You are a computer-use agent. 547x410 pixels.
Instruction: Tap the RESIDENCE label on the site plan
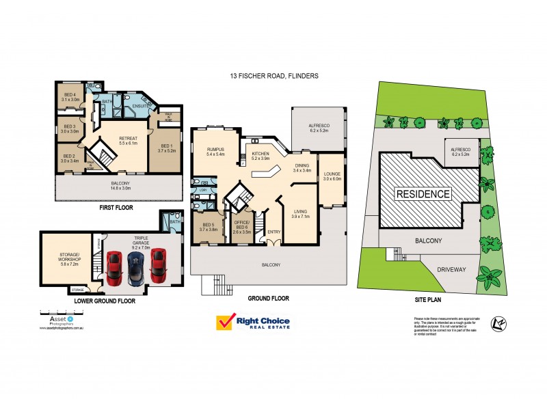tap(424, 194)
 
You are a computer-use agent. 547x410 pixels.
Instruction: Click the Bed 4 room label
tap(70, 96)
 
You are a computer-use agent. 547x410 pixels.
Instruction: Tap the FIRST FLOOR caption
tap(116, 207)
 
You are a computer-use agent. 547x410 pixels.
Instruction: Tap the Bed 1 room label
tap(167, 148)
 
